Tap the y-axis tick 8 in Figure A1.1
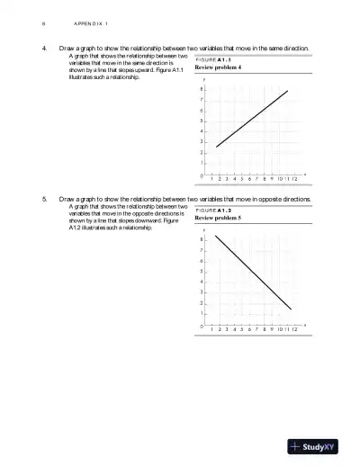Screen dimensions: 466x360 tap(202, 89)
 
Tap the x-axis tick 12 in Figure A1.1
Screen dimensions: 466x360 tap(295, 178)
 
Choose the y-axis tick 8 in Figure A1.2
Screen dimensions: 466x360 tap(202, 239)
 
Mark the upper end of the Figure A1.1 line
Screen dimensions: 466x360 tap(287, 91)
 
